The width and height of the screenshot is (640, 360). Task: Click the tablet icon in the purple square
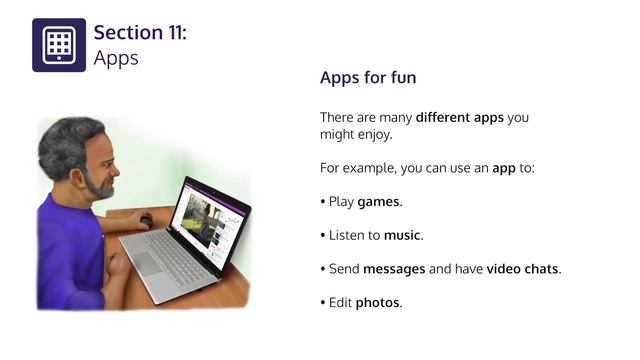(59, 45)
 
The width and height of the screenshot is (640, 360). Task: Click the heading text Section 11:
(139, 33)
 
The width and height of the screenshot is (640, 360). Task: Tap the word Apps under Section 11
(115, 58)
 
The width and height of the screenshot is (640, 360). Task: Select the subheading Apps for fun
(368, 78)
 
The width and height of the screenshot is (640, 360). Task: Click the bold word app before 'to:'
(504, 168)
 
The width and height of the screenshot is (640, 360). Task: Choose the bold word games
(379, 202)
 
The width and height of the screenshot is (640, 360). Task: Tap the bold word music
(403, 236)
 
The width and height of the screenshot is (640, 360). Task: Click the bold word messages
(392, 269)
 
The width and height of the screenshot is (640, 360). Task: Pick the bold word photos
(378, 303)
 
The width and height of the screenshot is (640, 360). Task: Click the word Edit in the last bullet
(340, 303)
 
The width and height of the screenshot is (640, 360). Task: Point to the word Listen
(346, 236)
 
